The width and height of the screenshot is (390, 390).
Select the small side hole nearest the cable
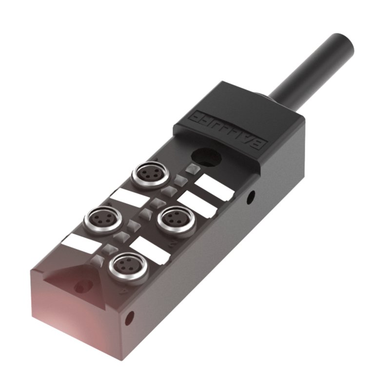251,197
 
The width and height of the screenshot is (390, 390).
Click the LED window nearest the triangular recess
99,259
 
